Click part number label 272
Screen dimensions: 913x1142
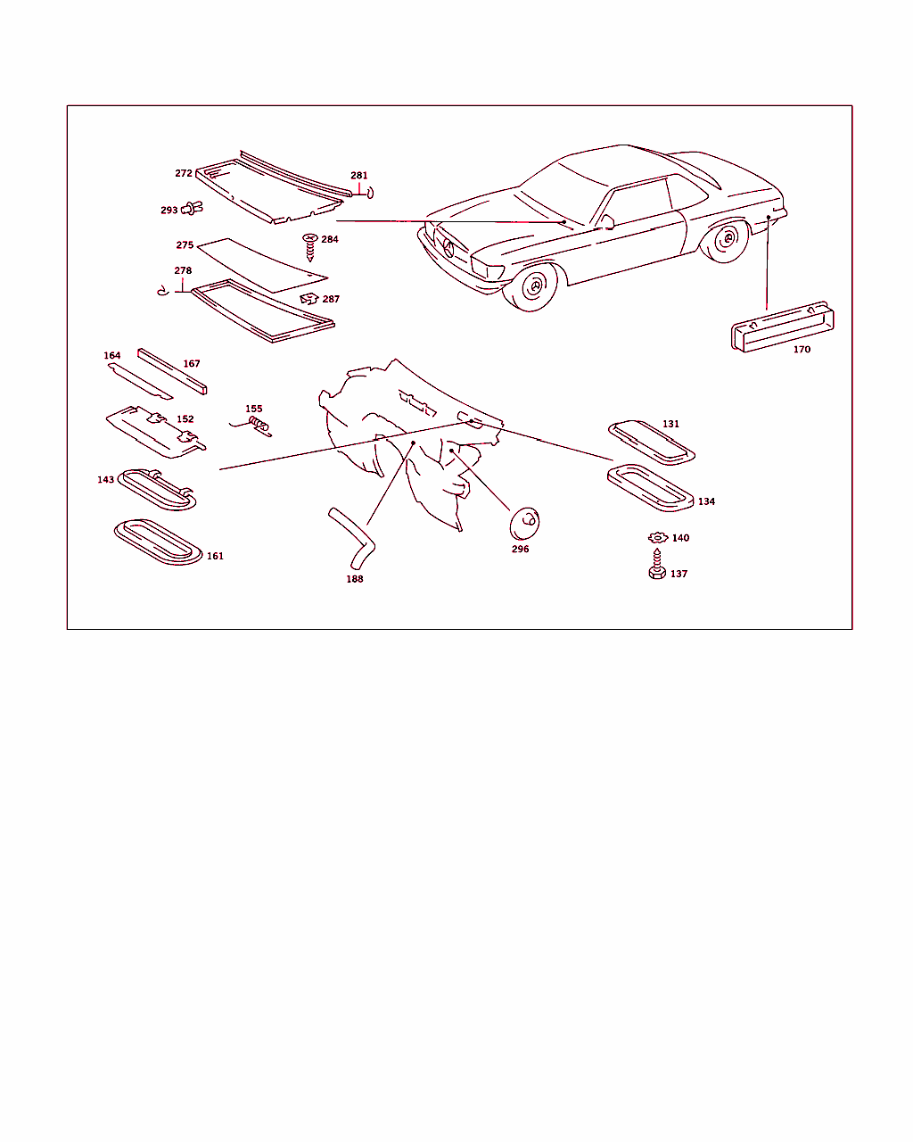(184, 173)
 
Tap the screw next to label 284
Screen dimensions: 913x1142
(309, 247)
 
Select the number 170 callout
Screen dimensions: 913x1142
(802, 349)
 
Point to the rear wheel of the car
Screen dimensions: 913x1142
(726, 240)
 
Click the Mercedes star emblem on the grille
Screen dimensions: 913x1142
(448, 248)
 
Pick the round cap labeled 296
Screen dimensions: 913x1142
(524, 523)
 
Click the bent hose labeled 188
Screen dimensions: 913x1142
(354, 538)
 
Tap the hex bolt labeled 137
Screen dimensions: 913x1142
(657, 565)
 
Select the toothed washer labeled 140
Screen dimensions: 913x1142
(658, 538)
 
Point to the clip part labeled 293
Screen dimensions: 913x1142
(192, 208)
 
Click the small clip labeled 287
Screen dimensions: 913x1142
(308, 299)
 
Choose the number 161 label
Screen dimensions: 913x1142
(215, 556)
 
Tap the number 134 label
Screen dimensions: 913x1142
(706, 501)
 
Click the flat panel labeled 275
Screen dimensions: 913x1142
(262, 265)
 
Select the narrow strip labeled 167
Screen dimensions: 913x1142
(172, 371)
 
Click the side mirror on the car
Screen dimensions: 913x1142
(606, 222)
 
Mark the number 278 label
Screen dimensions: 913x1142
(183, 270)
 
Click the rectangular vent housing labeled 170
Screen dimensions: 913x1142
(782, 327)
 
